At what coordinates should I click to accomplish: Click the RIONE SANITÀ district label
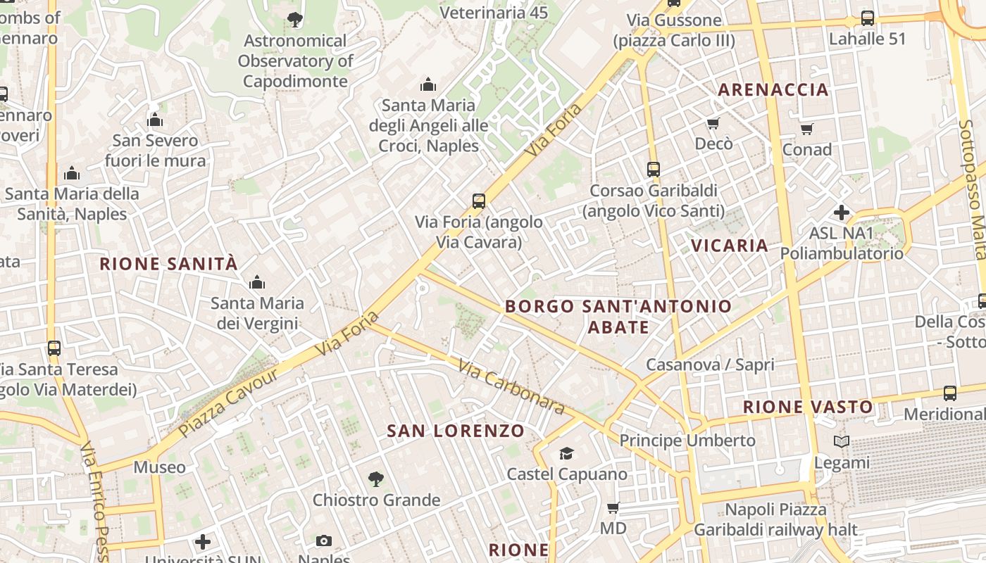click(x=168, y=265)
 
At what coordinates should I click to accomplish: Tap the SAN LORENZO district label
click(x=456, y=431)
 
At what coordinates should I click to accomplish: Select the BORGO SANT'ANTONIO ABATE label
click(x=618, y=317)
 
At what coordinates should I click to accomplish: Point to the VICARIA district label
click(x=729, y=246)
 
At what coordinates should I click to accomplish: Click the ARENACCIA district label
click(x=773, y=90)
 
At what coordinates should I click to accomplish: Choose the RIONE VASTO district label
click(x=807, y=407)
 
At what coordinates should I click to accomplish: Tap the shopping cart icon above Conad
click(x=806, y=129)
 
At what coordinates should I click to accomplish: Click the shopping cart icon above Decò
click(x=713, y=124)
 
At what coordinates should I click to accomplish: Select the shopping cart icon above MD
click(x=613, y=507)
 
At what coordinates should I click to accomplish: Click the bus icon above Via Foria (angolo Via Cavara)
click(x=479, y=201)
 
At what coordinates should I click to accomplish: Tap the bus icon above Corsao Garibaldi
click(x=653, y=170)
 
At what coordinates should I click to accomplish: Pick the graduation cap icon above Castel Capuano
click(x=566, y=453)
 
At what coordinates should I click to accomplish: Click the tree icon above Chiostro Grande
click(x=376, y=479)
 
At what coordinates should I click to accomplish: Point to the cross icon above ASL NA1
click(x=841, y=212)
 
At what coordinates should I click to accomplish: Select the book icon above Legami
click(x=841, y=442)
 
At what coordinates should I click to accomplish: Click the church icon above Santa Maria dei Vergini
click(x=257, y=283)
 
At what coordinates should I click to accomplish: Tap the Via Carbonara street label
click(x=511, y=387)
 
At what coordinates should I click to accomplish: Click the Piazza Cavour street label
click(x=228, y=401)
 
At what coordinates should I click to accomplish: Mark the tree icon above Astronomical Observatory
click(x=295, y=20)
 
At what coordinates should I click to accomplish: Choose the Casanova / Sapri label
click(x=710, y=365)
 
